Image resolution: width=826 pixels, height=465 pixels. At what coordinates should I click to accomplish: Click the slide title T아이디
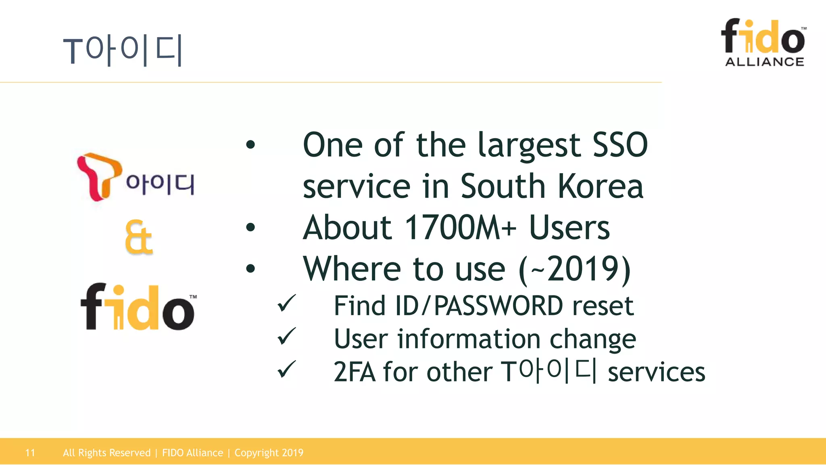coord(123,50)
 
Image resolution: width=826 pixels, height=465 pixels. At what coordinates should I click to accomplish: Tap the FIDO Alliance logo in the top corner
coord(764,42)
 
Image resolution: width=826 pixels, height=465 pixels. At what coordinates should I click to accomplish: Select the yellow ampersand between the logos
coord(139,237)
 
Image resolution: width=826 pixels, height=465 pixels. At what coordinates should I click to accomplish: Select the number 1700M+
coord(460,228)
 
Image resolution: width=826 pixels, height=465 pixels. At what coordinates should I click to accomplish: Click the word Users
coord(569,228)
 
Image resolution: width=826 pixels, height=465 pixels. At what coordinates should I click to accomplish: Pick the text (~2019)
coord(574,269)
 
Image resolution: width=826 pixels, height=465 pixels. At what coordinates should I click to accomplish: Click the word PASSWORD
coord(499,306)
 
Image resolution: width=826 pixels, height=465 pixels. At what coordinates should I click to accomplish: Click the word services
coord(656,372)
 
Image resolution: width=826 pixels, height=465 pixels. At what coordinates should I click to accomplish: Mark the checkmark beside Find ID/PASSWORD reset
coord(287,304)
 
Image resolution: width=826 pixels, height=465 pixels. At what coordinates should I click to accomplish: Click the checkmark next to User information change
coord(287,337)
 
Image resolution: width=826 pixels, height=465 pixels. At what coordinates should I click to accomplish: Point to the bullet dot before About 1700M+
coord(250,228)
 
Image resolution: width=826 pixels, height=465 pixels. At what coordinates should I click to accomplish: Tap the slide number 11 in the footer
coord(30,453)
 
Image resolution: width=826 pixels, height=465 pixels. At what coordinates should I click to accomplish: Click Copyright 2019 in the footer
coord(269,453)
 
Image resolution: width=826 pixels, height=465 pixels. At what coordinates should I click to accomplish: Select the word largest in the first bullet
coord(529,145)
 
